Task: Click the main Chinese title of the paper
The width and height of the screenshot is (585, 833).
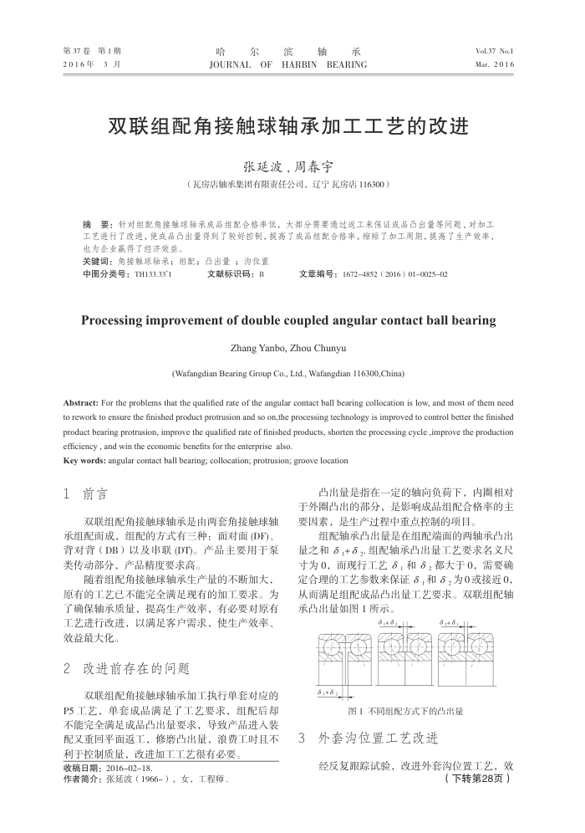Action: tap(288, 128)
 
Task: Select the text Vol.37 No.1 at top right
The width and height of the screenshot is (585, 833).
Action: tap(495, 51)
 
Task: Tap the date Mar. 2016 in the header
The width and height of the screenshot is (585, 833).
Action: tap(495, 64)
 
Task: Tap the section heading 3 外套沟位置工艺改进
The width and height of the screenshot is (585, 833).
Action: tap(368, 738)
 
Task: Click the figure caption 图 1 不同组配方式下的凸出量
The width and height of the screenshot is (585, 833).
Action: tap(405, 712)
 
